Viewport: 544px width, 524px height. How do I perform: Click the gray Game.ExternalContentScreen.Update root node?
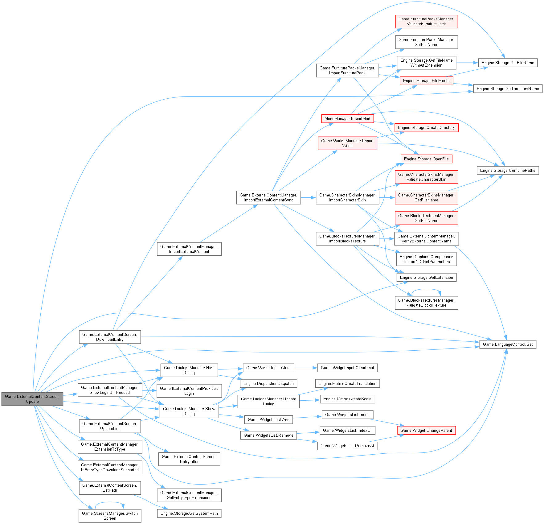[32, 399]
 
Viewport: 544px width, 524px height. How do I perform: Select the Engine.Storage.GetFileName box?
[508, 63]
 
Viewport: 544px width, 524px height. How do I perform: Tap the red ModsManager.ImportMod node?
[347, 118]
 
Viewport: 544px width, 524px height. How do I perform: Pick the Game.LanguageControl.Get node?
[508, 344]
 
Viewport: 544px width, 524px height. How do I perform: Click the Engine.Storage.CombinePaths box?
[508, 170]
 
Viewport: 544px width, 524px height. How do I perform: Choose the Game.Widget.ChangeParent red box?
[426, 430]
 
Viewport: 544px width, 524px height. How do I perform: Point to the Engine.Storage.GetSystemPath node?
[189, 513]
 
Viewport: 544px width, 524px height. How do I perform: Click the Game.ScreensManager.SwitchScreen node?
[110, 516]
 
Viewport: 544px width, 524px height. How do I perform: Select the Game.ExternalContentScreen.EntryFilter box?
[189, 459]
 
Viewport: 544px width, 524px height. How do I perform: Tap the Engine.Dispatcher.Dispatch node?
[268, 383]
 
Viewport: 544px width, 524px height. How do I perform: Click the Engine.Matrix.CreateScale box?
[347, 399]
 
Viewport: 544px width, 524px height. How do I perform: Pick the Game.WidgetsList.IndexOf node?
[347, 430]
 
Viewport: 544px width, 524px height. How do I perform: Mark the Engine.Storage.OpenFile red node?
[426, 159]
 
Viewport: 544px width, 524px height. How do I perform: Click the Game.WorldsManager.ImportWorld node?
[347, 143]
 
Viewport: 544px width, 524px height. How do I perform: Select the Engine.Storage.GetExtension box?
[426, 277]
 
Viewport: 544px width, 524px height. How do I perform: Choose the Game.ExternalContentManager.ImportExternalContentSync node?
[268, 197]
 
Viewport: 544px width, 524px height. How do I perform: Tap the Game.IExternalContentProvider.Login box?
[189, 391]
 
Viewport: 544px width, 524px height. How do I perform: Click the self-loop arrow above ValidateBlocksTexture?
[426, 289]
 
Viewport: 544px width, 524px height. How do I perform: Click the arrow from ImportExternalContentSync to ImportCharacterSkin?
[308, 197]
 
